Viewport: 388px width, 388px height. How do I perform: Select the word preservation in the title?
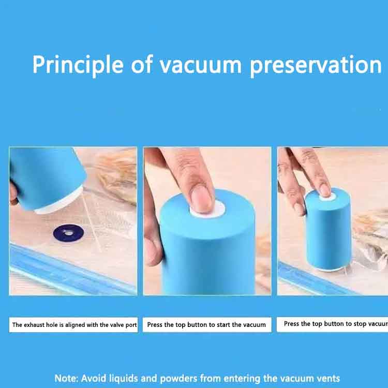(x=316, y=65)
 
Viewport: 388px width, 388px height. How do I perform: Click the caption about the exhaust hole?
(x=74, y=325)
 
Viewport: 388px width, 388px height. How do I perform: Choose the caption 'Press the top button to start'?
(x=206, y=325)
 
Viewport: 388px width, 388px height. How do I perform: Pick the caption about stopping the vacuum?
(x=334, y=324)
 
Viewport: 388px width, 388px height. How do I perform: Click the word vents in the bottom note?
(x=326, y=378)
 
